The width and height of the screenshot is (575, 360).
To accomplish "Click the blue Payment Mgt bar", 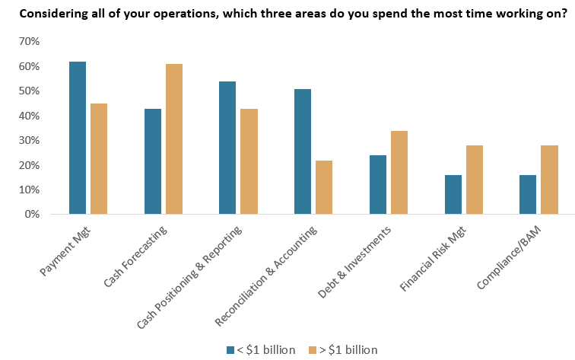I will pyautogui.click(x=78, y=138).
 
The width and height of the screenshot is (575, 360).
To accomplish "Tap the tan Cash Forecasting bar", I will pyautogui.click(x=174, y=139).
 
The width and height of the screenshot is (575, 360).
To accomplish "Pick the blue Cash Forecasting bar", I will pyautogui.click(x=153, y=161).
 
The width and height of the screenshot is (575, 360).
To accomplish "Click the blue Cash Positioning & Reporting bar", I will pyautogui.click(x=227, y=148).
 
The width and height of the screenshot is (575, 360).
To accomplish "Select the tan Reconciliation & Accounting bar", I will pyautogui.click(x=324, y=187).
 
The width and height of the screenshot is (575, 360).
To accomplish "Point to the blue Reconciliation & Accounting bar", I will pyautogui.click(x=303, y=151).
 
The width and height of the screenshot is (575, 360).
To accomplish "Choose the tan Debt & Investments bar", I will pyautogui.click(x=399, y=173).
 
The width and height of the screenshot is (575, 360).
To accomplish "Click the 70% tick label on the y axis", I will pyautogui.click(x=28, y=42).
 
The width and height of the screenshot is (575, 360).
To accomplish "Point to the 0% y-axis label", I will pyautogui.click(x=31, y=215).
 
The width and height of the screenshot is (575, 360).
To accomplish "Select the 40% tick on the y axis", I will pyautogui.click(x=28, y=116).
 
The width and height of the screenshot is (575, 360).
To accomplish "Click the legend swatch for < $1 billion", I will pyautogui.click(x=230, y=350).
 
